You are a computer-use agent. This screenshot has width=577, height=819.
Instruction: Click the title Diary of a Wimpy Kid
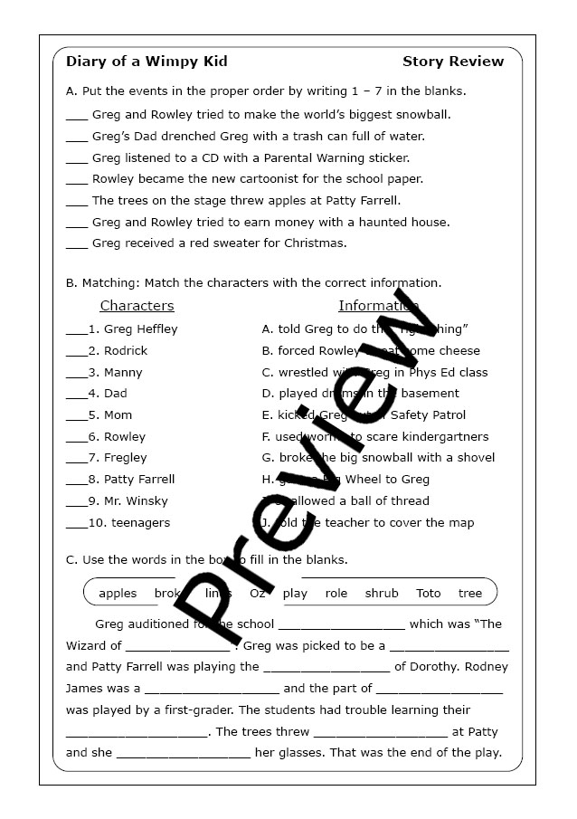click(x=147, y=62)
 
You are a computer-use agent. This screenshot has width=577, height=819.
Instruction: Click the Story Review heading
click(x=453, y=62)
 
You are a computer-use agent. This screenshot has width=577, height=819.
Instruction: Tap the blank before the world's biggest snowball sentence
click(x=77, y=116)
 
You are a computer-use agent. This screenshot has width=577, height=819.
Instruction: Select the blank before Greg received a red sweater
click(x=77, y=244)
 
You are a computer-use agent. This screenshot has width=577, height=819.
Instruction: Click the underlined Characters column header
click(x=137, y=306)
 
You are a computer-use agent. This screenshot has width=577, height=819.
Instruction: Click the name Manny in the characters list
click(x=123, y=372)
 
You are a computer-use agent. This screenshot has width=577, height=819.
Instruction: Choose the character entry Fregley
click(x=125, y=458)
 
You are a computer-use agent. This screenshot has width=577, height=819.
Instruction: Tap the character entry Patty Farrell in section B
click(x=139, y=480)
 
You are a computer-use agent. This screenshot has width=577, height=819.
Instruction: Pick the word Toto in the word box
click(x=429, y=594)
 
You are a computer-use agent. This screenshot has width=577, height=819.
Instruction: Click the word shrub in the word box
click(x=382, y=594)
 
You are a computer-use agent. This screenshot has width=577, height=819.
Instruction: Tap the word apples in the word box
click(x=118, y=594)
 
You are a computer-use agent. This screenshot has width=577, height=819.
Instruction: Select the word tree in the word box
click(x=470, y=594)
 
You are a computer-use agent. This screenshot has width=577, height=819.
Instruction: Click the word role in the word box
click(x=336, y=594)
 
